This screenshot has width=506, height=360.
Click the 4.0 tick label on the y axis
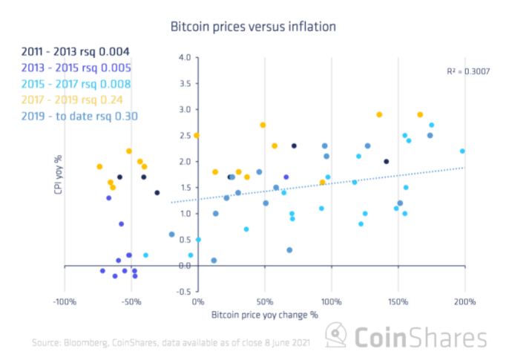click(x=185, y=57)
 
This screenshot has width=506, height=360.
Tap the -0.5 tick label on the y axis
click(x=183, y=292)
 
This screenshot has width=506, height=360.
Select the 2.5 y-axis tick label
click(x=185, y=136)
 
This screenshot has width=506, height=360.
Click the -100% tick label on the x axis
click(x=64, y=302)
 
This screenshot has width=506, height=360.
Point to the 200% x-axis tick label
click(x=465, y=302)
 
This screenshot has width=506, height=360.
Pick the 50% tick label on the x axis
click(x=265, y=302)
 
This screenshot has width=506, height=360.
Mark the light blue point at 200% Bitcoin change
click(x=462, y=151)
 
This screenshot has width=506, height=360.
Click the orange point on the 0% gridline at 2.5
click(x=197, y=135)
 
